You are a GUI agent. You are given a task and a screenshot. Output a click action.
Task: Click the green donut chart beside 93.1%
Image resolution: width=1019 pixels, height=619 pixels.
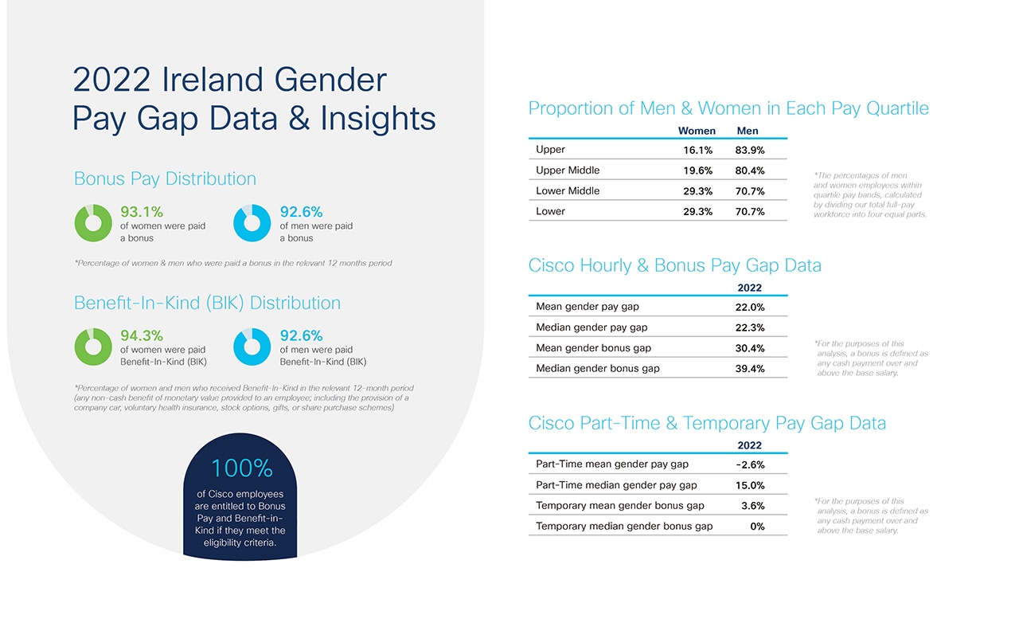pyautogui.click(x=93, y=223)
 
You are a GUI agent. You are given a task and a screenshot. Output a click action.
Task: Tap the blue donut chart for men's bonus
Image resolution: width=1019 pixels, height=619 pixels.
pyautogui.click(x=252, y=223)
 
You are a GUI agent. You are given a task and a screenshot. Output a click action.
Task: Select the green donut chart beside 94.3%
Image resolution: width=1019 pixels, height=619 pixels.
pyautogui.click(x=93, y=347)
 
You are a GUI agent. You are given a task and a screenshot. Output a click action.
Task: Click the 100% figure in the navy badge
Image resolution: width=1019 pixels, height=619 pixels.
pyautogui.click(x=242, y=468)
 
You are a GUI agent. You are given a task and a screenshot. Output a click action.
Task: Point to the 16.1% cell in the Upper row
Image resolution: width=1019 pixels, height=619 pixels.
pyautogui.click(x=697, y=150)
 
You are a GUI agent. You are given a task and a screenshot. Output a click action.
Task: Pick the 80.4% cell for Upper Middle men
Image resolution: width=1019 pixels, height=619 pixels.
pyautogui.click(x=750, y=170)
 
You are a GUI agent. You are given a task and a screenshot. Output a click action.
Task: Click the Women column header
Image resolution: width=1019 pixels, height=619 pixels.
pyautogui.click(x=697, y=131)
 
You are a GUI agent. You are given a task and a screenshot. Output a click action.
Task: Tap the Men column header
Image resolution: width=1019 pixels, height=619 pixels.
pyautogui.click(x=748, y=131)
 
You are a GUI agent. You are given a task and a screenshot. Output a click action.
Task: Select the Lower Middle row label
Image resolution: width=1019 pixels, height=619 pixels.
pyautogui.click(x=568, y=191)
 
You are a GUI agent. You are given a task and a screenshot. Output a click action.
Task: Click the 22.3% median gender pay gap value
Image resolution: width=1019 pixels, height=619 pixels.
pyautogui.click(x=750, y=327)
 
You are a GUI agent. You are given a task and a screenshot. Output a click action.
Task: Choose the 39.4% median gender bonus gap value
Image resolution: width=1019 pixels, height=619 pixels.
pyautogui.click(x=750, y=369)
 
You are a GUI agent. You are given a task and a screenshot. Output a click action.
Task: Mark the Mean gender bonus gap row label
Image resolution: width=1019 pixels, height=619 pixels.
pyautogui.click(x=593, y=348)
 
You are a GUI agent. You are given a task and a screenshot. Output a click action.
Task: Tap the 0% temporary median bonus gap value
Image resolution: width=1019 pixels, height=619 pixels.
pyautogui.click(x=757, y=527)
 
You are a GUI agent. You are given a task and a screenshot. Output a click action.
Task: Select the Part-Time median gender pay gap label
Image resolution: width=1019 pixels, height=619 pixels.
pyautogui.click(x=616, y=485)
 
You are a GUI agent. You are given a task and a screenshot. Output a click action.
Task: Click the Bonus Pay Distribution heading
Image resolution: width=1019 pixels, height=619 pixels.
pyautogui.click(x=165, y=179)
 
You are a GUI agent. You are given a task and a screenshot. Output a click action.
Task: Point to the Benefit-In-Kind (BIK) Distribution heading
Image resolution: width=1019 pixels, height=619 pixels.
pyautogui.click(x=207, y=304)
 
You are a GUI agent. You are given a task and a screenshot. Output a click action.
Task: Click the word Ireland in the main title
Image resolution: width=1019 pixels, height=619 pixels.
pyautogui.click(x=211, y=80)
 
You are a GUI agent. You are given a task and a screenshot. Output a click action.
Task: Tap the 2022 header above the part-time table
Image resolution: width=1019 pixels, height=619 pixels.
pyautogui.click(x=749, y=445)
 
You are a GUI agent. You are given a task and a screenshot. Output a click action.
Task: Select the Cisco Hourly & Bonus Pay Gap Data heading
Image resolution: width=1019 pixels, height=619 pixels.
pyautogui.click(x=674, y=266)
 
